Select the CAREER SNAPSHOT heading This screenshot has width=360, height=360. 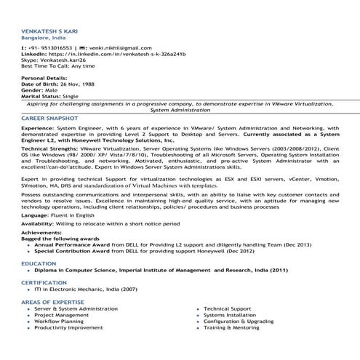click(49, 117)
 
